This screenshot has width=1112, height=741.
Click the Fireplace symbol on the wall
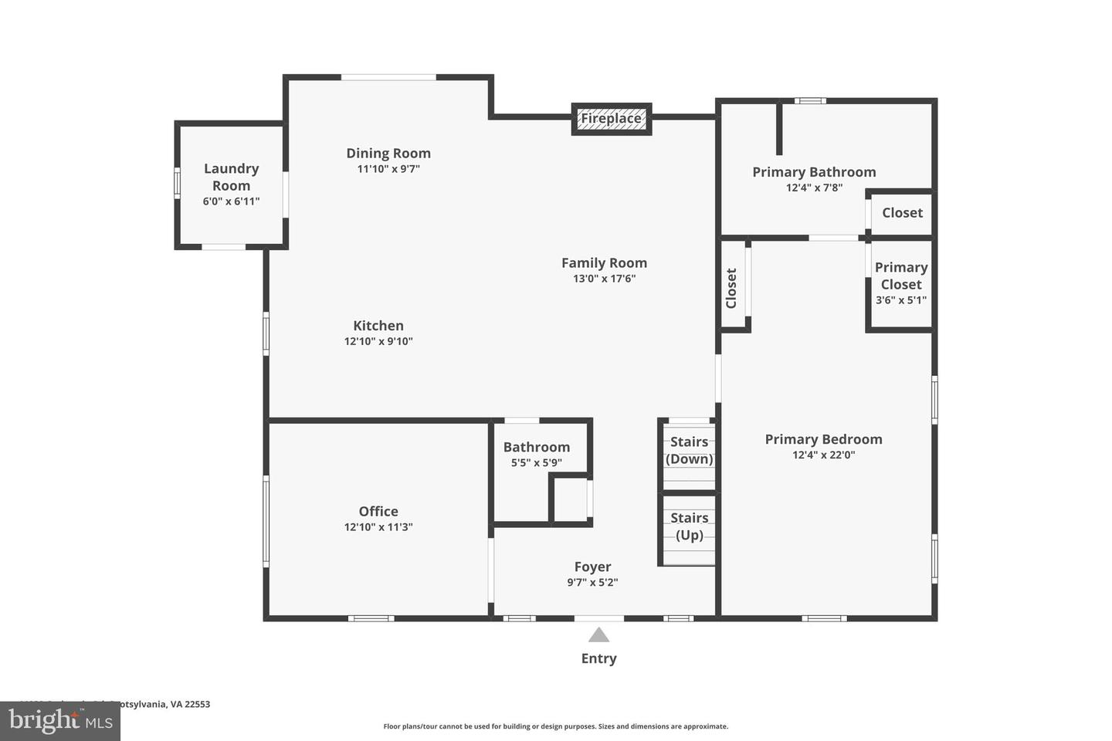(x=611, y=119)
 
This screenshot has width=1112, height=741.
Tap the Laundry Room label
(x=231, y=177)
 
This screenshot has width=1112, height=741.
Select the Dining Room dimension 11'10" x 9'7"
(x=388, y=169)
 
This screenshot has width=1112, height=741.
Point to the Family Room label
(x=604, y=263)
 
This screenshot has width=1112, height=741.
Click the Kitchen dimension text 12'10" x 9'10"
(x=378, y=341)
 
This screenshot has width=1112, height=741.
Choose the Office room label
(x=378, y=511)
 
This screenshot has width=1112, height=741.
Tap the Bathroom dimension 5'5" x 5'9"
(x=536, y=463)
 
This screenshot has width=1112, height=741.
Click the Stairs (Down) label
(x=689, y=450)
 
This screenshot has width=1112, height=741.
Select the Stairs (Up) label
(x=689, y=526)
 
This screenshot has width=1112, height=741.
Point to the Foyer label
(x=592, y=567)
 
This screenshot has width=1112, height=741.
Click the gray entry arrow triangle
(x=598, y=635)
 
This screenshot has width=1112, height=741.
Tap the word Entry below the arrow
(x=598, y=658)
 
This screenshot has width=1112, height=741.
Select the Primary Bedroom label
(x=823, y=439)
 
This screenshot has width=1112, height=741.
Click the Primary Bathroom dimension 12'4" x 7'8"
(x=814, y=188)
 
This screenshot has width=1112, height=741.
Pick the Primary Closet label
(x=900, y=276)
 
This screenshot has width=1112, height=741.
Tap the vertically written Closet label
(x=731, y=288)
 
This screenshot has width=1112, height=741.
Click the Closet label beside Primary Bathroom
(x=902, y=213)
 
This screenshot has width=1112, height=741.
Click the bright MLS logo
(x=60, y=721)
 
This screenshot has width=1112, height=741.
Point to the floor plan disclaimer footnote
(x=555, y=726)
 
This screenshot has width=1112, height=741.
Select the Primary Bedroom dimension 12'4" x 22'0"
(x=823, y=455)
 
